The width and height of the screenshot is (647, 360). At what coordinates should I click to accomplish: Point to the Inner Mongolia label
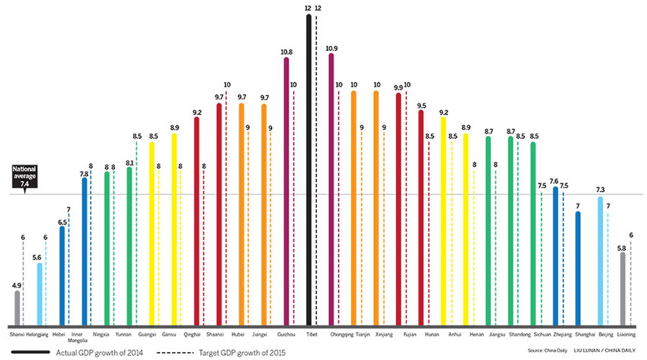click(x=81, y=336)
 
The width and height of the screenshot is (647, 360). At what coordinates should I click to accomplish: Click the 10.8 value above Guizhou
click(x=285, y=52)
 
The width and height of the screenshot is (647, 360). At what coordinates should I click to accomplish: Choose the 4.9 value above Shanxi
click(x=17, y=285)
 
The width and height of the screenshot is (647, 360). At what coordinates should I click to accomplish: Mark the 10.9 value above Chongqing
click(x=331, y=49)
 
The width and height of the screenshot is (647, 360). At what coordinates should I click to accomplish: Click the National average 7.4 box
click(x=25, y=177)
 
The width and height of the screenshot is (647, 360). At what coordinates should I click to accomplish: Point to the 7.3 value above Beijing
click(x=600, y=190)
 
